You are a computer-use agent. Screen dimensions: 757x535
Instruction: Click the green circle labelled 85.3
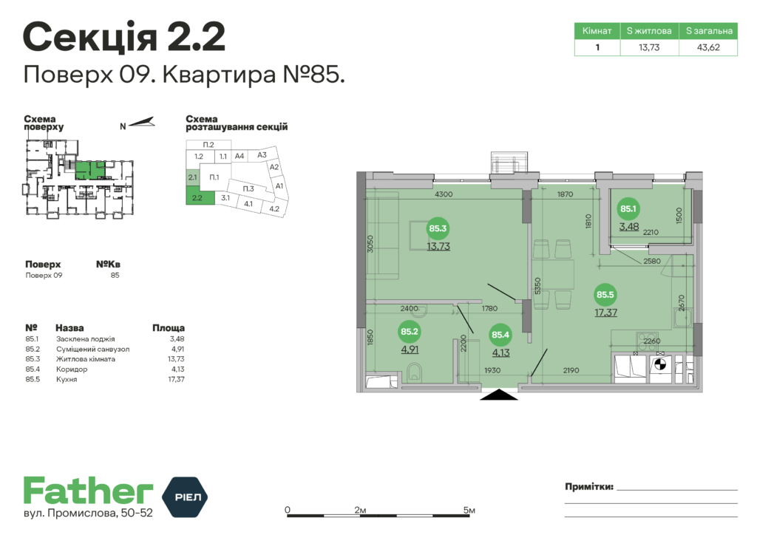438,228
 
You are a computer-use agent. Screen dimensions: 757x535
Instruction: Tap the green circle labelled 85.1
628,209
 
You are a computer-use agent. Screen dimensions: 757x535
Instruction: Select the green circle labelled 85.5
605,295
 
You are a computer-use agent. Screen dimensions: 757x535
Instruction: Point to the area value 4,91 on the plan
410,350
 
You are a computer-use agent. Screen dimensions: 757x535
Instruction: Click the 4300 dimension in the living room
444,194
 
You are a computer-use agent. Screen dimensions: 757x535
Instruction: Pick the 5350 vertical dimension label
538,286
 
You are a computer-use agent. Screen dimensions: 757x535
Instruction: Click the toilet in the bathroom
414,373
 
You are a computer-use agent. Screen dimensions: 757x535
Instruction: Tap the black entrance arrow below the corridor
499,395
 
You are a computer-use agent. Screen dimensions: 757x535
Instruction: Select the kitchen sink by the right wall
682,317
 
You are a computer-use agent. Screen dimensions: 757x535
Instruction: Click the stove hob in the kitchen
648,340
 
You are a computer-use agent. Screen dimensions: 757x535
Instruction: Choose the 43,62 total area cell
708,47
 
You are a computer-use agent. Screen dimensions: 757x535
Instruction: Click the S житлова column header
649,31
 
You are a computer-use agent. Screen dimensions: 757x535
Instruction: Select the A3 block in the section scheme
262,155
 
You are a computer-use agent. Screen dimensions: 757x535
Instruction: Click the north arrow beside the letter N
141,123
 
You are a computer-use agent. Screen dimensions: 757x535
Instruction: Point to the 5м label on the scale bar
469,510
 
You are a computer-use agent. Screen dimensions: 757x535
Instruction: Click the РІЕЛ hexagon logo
184,497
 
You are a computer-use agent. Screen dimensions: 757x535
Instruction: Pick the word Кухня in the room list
67,379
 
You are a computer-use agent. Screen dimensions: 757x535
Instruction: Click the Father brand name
89,491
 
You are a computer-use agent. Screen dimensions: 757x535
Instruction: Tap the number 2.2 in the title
197,37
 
